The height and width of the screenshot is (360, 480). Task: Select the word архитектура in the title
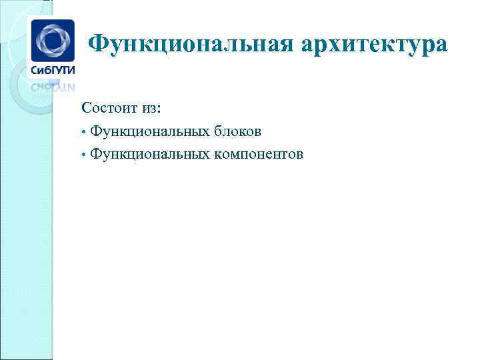pyautogui.click(x=375, y=45)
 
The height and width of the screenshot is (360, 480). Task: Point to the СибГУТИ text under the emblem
pyautogui.click(x=53, y=70)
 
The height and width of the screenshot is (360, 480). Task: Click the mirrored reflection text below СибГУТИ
pyautogui.click(x=53, y=86)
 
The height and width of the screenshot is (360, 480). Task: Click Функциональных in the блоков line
pyautogui.click(x=150, y=131)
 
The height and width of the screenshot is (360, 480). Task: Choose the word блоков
pyautogui.click(x=237, y=131)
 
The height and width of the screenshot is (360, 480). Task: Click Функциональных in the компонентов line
pyautogui.click(x=150, y=155)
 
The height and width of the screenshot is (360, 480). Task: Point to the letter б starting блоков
pyautogui.click(x=218, y=131)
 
